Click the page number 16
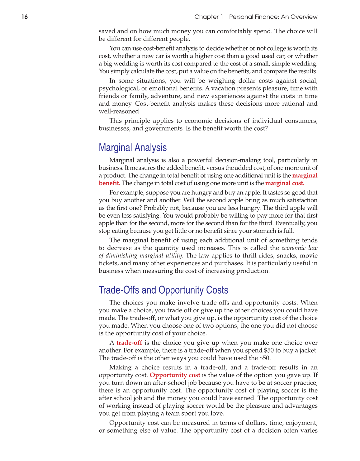tap(25, 17)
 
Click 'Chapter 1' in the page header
tap(208, 17)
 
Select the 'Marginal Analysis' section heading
tap(133, 147)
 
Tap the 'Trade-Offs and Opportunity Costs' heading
tap(163, 290)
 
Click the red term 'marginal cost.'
tap(285, 183)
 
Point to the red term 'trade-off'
tap(129, 343)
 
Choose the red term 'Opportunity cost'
tap(175, 375)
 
